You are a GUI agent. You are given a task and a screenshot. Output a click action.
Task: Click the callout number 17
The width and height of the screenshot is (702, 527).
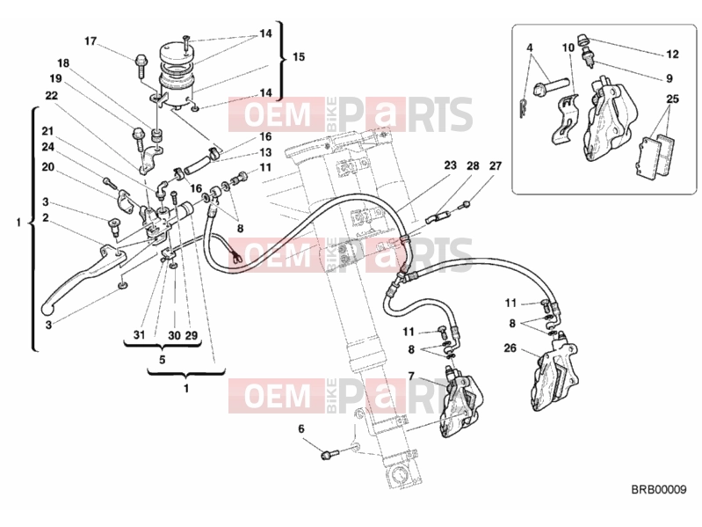coord(90,41)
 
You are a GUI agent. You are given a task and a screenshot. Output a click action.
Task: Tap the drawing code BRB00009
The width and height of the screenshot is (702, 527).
coord(659,489)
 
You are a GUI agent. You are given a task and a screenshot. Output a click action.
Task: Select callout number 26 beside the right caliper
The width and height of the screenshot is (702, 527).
coord(510,348)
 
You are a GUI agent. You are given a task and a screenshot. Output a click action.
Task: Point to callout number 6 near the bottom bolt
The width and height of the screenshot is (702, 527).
coord(300,428)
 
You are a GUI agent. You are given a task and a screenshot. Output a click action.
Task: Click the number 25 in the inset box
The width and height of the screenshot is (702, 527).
coord(672,99)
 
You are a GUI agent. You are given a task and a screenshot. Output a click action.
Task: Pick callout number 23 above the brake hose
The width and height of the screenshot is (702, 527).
coord(450,165)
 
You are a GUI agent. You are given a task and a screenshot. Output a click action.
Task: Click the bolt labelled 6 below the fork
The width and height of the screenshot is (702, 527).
coord(329,454)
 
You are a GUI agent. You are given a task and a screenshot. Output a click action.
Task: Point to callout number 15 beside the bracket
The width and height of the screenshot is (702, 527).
coord(299,57)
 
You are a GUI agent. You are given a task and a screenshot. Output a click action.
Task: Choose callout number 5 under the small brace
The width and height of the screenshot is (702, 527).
coord(162,360)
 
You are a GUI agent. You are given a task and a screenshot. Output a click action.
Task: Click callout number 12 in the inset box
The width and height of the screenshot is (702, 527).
coord(672,55)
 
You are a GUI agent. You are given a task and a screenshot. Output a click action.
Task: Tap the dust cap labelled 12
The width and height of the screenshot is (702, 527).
coord(583,39)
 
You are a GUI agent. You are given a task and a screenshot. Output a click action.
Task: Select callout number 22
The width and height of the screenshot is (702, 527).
coord(51,96)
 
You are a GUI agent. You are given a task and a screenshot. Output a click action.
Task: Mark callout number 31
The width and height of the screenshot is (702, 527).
coord(139,334)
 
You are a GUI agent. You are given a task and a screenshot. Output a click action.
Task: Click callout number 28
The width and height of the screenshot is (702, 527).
coord(473,165)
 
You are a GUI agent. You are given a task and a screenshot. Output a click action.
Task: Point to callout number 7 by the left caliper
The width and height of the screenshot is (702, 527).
coord(411,375)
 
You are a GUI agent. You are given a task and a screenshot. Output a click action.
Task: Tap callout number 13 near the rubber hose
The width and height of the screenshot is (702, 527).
coord(265,153)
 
